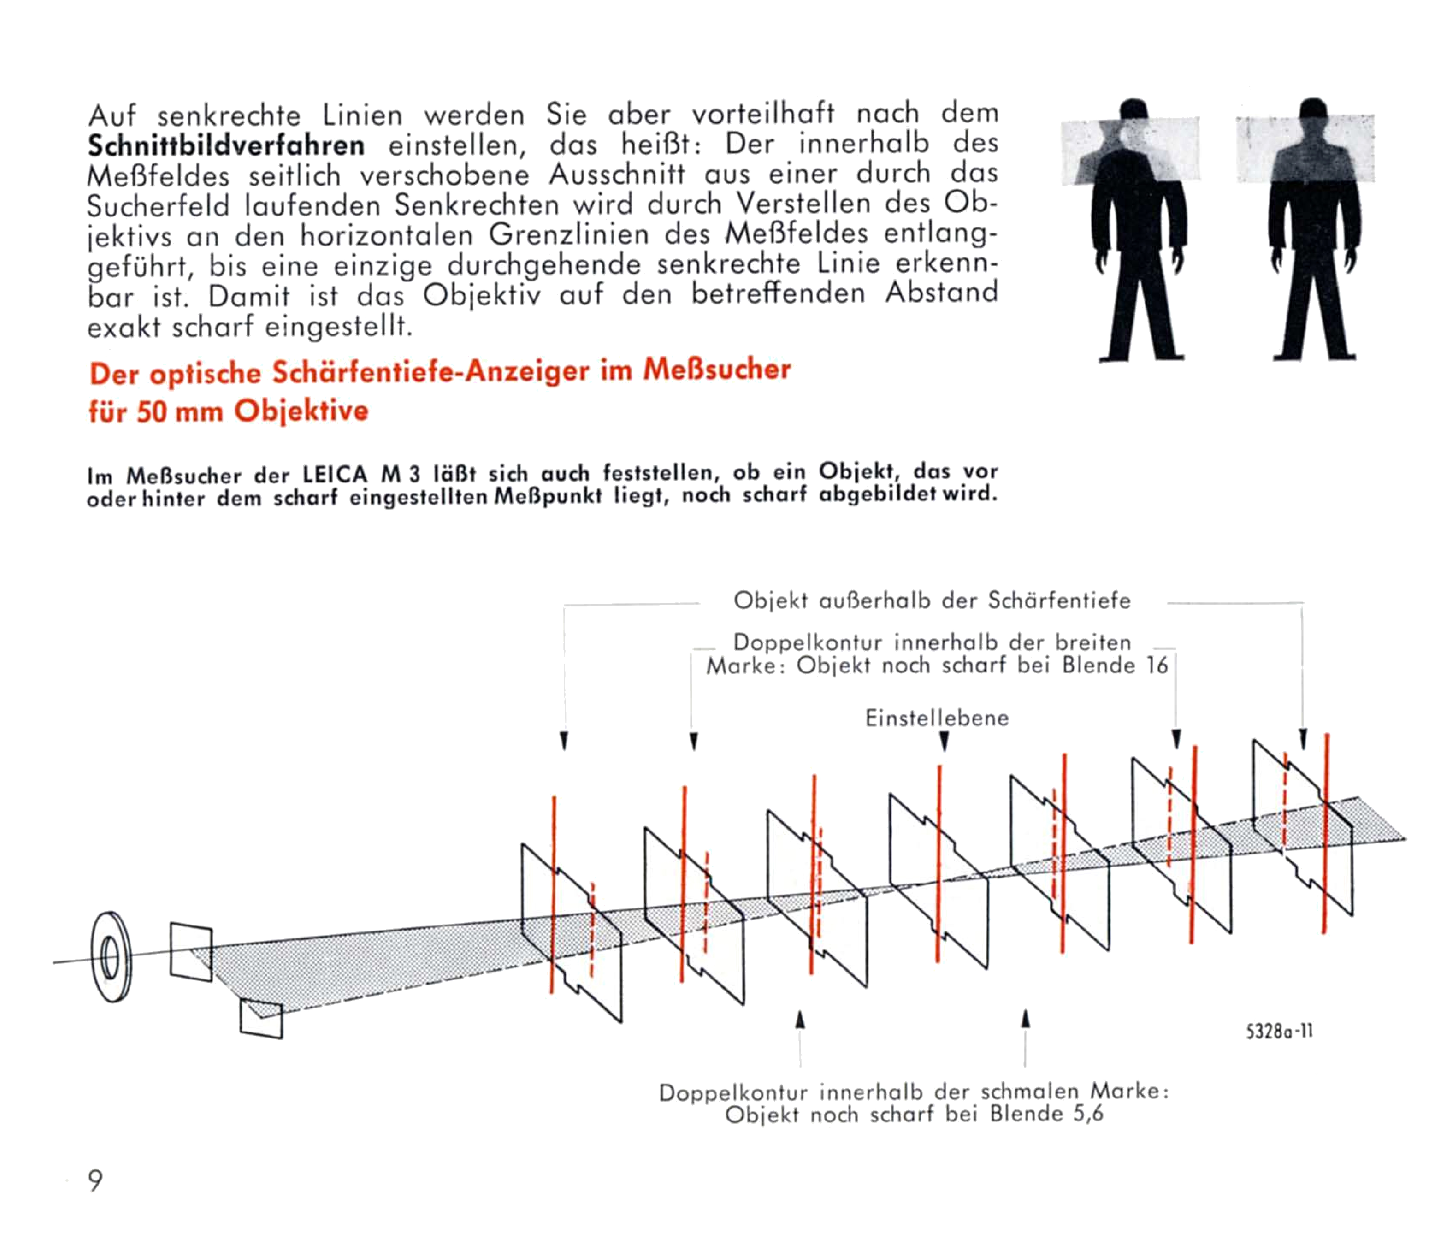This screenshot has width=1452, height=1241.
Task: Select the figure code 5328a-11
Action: click(x=1280, y=1031)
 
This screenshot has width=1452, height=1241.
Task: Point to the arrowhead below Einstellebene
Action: click(x=944, y=741)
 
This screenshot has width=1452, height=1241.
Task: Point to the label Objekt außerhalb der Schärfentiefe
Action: click(x=932, y=600)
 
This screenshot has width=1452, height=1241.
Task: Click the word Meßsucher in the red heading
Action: click(x=716, y=369)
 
